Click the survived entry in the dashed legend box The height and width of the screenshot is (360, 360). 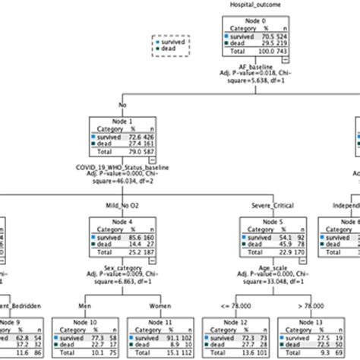click(171, 43)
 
